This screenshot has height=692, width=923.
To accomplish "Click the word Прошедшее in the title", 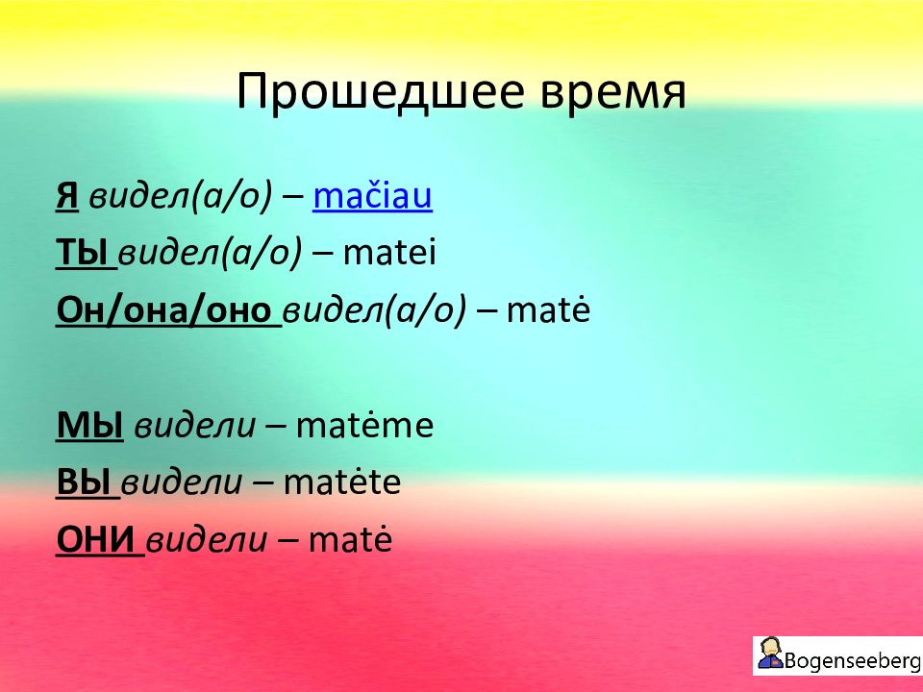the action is point(381,91).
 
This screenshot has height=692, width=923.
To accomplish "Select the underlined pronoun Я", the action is point(67,196).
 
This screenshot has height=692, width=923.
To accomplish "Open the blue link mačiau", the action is point(373,195).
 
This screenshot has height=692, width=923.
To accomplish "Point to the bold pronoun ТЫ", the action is point(82,253).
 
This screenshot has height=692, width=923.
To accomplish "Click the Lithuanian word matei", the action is point(389,253).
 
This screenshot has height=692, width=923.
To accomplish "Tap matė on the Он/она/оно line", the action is point(548,309).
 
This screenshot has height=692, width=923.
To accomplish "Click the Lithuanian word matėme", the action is point(365,425).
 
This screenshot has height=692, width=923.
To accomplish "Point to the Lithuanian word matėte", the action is point(342,482).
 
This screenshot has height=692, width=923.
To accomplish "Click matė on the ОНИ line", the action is point(350,539).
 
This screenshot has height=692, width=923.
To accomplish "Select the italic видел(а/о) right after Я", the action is point(181,196).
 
